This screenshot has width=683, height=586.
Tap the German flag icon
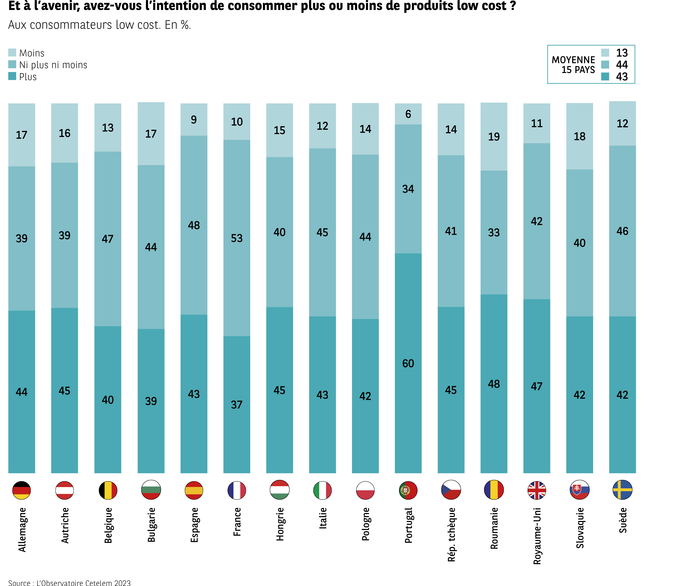click(21, 490)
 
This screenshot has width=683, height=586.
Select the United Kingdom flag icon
click(537, 490)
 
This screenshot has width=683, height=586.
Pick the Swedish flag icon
click(622, 490)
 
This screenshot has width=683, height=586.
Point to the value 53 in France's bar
click(237, 238)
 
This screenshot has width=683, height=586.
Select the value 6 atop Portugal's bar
click(408, 114)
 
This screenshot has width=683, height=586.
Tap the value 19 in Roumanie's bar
click(494, 136)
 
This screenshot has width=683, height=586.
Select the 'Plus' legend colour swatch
click(12, 76)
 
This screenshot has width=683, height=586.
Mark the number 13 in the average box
click(622, 53)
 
